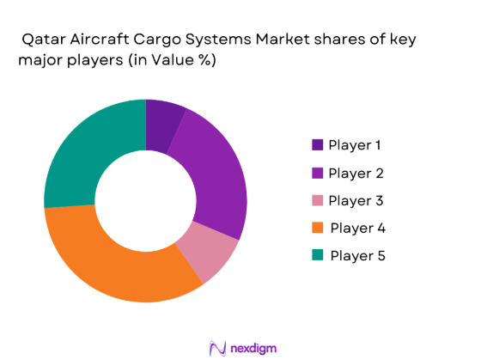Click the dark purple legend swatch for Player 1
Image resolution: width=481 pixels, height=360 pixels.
(x=318, y=145)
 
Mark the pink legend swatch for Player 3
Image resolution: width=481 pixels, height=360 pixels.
(x=318, y=200)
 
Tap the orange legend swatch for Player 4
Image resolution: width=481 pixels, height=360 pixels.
(x=318, y=228)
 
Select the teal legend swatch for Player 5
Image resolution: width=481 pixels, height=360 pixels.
(x=318, y=255)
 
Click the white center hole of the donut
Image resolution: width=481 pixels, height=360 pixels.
(x=145, y=201)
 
